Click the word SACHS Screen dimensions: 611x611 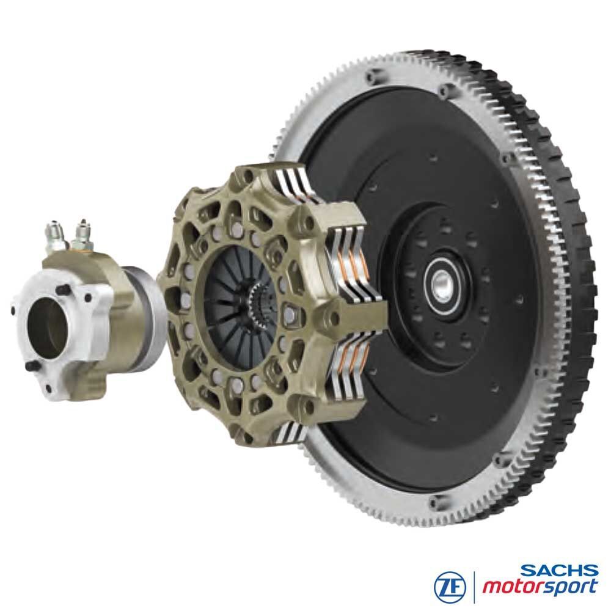(x=560, y=571)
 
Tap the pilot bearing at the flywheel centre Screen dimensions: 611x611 (x=442, y=280)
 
